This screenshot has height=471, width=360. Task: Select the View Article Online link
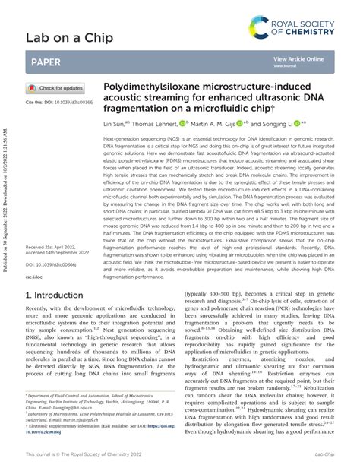click(298, 58)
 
